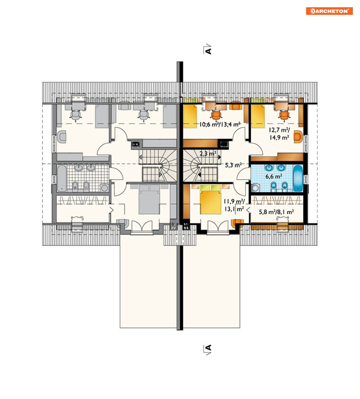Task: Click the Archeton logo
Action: tap(329, 11)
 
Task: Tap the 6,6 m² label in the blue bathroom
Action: tap(274, 176)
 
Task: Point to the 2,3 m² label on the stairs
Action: tap(208, 154)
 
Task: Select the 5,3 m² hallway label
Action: tap(233, 165)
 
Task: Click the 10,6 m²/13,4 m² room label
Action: tap(220, 125)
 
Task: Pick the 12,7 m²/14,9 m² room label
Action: tap(279, 134)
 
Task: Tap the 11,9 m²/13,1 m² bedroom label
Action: tap(234, 205)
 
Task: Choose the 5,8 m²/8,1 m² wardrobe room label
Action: tap(276, 212)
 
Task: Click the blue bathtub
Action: tap(298, 178)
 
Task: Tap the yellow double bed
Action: tap(211, 199)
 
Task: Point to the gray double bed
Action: tap(149, 199)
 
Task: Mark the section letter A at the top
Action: tap(208, 50)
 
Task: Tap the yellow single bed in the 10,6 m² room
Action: tap(190, 116)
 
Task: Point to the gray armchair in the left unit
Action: tap(62, 137)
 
